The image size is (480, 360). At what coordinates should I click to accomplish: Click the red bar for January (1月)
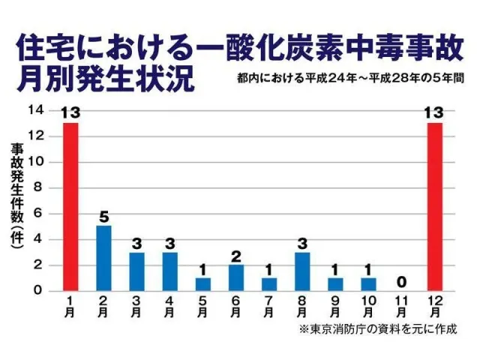click(70, 206)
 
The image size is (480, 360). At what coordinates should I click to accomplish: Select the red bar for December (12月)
click(434, 206)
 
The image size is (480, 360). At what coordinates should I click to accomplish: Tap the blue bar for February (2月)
click(103, 258)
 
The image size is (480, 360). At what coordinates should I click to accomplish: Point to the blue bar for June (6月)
click(236, 277)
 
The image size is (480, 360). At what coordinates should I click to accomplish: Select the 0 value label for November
click(401, 281)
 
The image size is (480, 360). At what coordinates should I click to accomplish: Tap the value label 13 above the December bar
click(434, 112)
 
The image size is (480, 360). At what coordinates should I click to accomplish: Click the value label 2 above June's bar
click(236, 256)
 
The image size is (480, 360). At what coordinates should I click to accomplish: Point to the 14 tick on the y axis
click(35, 109)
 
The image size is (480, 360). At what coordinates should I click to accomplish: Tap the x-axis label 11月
click(401, 306)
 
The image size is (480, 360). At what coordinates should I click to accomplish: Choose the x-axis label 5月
click(203, 306)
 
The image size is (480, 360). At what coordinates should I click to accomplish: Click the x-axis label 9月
click(335, 306)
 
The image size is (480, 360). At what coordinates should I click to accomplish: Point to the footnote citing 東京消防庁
click(377, 328)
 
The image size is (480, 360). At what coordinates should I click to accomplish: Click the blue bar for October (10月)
click(368, 284)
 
